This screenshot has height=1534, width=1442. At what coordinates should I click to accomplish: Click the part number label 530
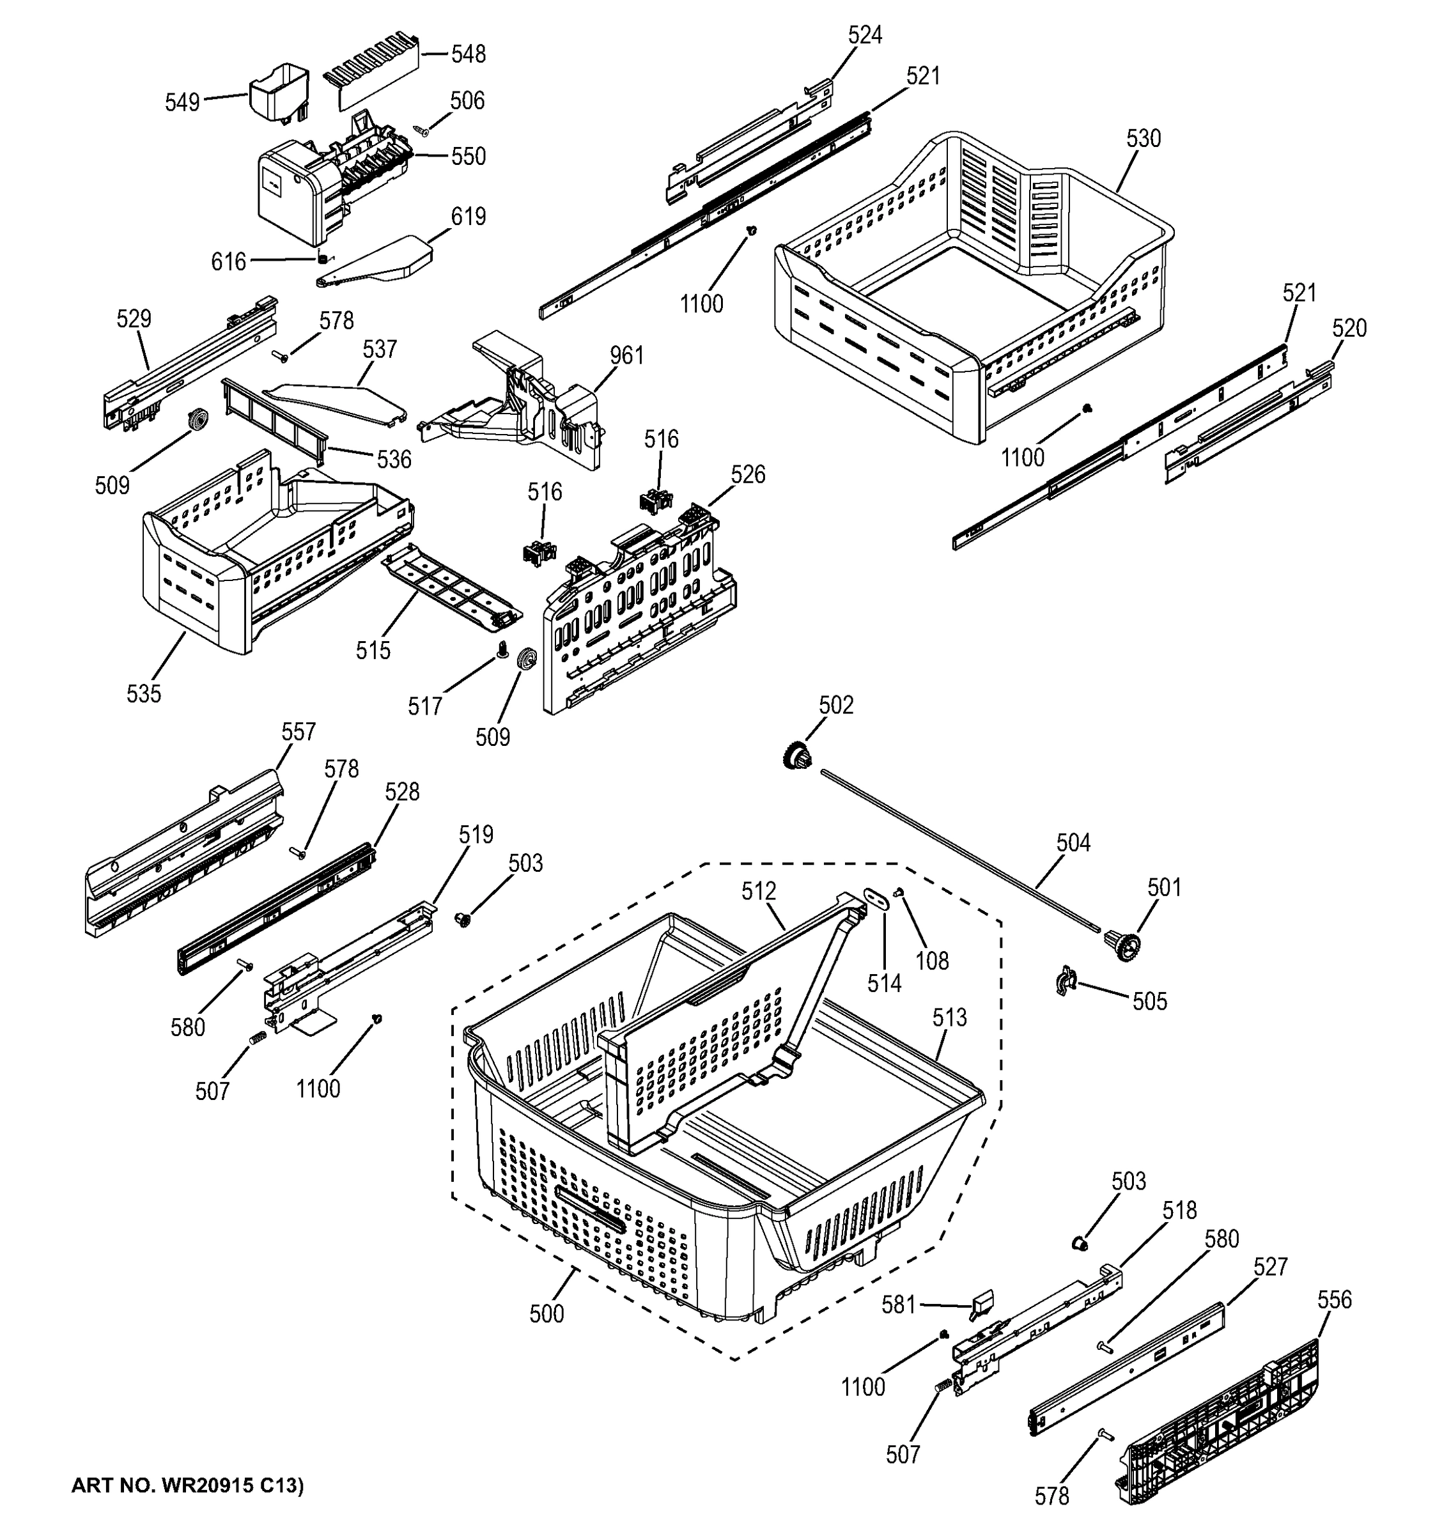(x=1143, y=139)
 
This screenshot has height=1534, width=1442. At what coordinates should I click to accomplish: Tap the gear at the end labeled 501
(x=1120, y=943)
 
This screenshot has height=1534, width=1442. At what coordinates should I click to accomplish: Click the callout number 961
(x=626, y=356)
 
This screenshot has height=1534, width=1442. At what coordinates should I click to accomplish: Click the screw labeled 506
(x=422, y=130)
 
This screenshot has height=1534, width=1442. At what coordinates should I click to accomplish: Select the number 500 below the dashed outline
(x=547, y=1313)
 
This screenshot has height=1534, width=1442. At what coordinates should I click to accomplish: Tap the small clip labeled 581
(x=981, y=1303)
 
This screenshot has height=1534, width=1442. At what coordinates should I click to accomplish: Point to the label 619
(x=469, y=217)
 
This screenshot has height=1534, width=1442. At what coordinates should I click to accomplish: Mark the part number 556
(x=1334, y=1300)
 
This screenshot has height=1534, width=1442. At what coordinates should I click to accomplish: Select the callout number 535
(x=144, y=693)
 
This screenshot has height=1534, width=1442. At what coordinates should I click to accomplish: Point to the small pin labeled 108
(x=899, y=893)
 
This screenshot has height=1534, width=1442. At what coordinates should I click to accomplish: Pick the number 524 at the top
(x=864, y=36)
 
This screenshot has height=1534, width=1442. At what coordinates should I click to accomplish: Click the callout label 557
(x=298, y=731)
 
